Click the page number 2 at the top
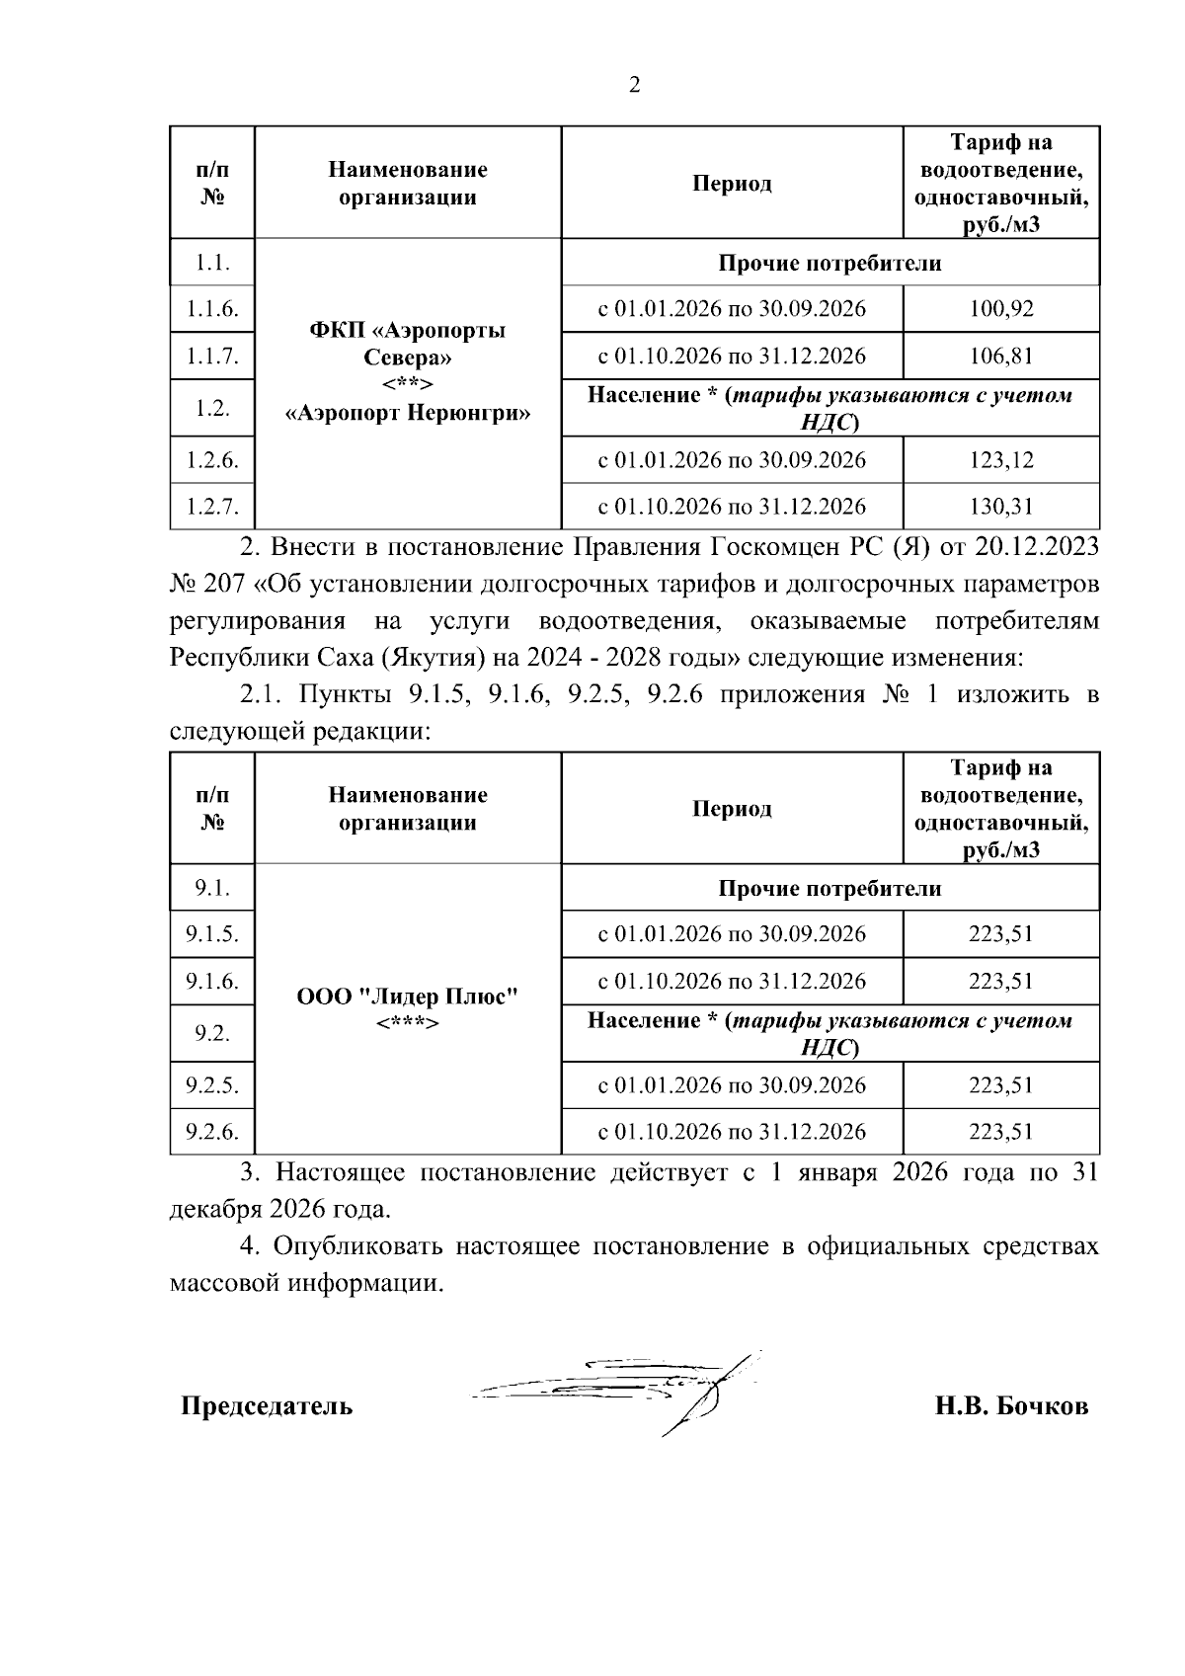(x=634, y=85)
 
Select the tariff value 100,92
(x=1000, y=309)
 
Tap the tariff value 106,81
(x=1000, y=356)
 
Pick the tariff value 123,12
(x=1000, y=460)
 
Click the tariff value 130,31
(x=1000, y=507)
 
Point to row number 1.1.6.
(x=212, y=309)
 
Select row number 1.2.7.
(x=212, y=507)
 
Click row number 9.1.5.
(x=212, y=933)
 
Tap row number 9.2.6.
(x=212, y=1131)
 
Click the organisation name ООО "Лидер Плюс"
(x=408, y=997)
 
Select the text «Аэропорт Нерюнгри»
(x=408, y=413)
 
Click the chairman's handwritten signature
(x=632, y=1388)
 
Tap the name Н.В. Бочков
(x=1011, y=1405)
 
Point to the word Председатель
(x=266, y=1405)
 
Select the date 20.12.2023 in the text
(x=1037, y=546)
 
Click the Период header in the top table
(x=732, y=184)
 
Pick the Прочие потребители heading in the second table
(x=829, y=888)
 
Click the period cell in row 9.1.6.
(x=732, y=981)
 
